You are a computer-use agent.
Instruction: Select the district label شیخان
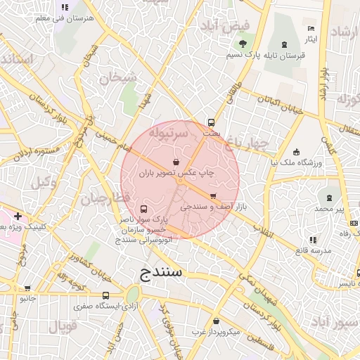[113, 79]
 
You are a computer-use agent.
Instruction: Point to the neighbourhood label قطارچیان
[105, 199]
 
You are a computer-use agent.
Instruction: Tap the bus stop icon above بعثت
[211, 121]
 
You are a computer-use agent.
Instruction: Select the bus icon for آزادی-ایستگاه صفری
[105, 295]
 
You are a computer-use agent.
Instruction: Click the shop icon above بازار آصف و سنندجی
[213, 196]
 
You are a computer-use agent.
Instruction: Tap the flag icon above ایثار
[311, 28]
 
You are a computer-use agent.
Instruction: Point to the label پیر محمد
[329, 209]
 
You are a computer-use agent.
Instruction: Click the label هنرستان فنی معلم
[64, 19]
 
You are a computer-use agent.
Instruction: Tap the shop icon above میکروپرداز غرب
[216, 320]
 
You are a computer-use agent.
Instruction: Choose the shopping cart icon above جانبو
[27, 288]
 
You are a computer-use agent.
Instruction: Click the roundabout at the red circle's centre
[180, 180]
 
